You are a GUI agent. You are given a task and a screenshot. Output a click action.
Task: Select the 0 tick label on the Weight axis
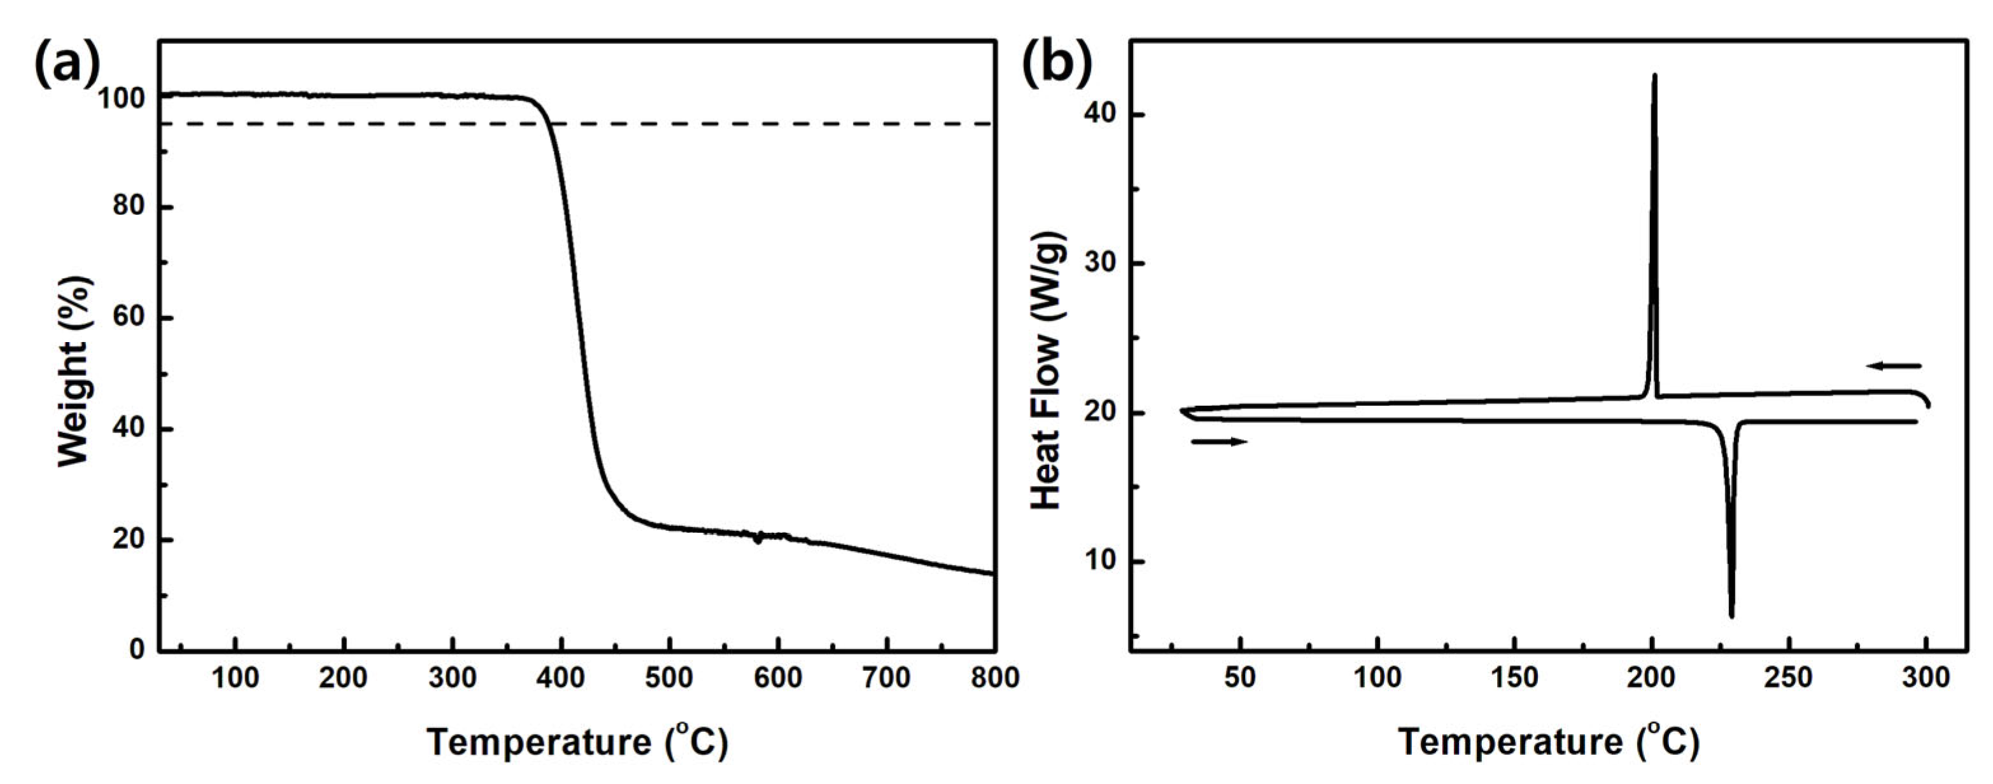point(137,649)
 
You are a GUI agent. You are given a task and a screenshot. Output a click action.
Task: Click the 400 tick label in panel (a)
point(561,678)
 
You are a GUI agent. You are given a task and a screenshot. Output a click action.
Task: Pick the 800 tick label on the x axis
point(994,678)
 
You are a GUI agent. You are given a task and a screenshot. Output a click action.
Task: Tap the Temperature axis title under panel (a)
point(577,742)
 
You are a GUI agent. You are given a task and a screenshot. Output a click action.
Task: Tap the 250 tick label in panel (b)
point(1789,678)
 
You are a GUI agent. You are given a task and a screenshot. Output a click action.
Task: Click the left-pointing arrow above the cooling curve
point(1892,366)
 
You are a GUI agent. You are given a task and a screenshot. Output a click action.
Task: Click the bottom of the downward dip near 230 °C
point(1731,616)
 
